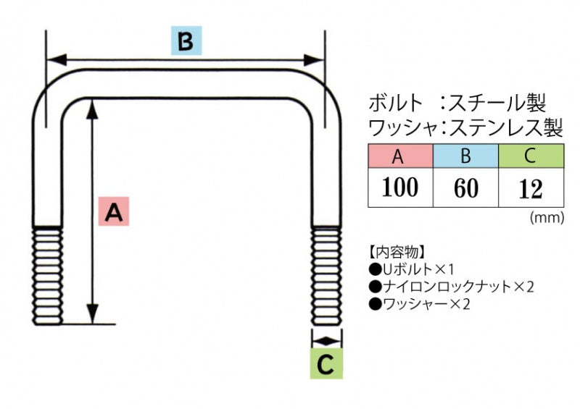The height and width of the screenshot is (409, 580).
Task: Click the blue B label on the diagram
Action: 186,42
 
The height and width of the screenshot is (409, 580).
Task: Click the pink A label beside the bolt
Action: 114,211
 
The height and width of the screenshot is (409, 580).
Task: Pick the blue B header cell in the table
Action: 465,156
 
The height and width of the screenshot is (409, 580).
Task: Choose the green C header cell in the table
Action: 531,156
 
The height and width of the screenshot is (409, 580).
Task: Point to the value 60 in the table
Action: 465,188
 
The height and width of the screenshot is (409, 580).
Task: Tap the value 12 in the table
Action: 531,188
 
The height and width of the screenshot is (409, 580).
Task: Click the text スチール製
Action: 496,101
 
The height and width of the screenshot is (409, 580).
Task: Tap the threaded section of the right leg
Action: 326,274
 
